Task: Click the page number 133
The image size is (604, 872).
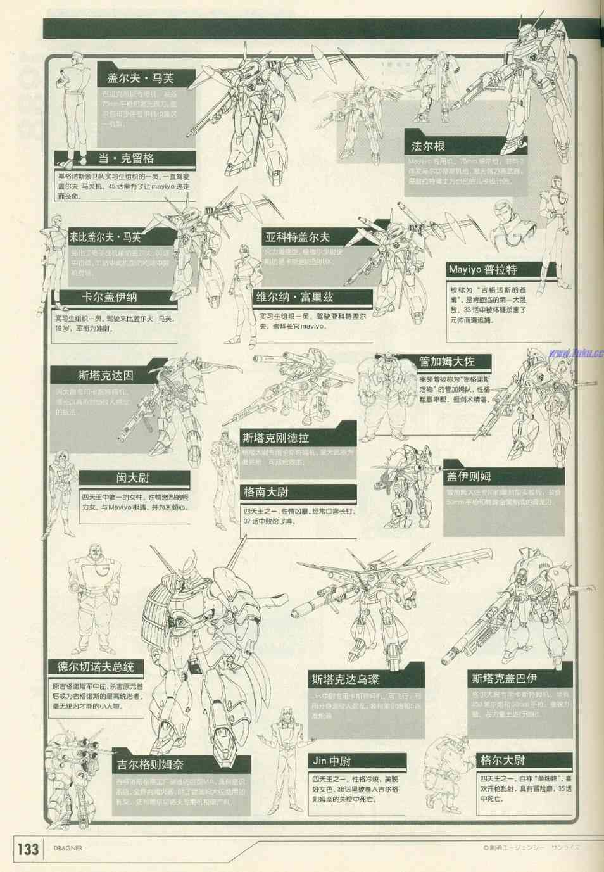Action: point(27,849)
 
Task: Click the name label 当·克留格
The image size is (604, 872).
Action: point(127,158)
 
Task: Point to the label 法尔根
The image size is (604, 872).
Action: point(427,146)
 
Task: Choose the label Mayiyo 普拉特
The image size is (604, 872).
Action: point(482,269)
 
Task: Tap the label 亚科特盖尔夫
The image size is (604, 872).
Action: point(297,237)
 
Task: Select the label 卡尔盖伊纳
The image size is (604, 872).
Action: point(109,297)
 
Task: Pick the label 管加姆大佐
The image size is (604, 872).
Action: point(446,362)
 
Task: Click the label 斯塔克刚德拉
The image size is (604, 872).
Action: point(276,438)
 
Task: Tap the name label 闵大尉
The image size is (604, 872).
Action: point(133,478)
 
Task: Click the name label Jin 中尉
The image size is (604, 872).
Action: point(331,761)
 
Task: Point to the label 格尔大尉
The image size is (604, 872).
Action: point(503,760)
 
